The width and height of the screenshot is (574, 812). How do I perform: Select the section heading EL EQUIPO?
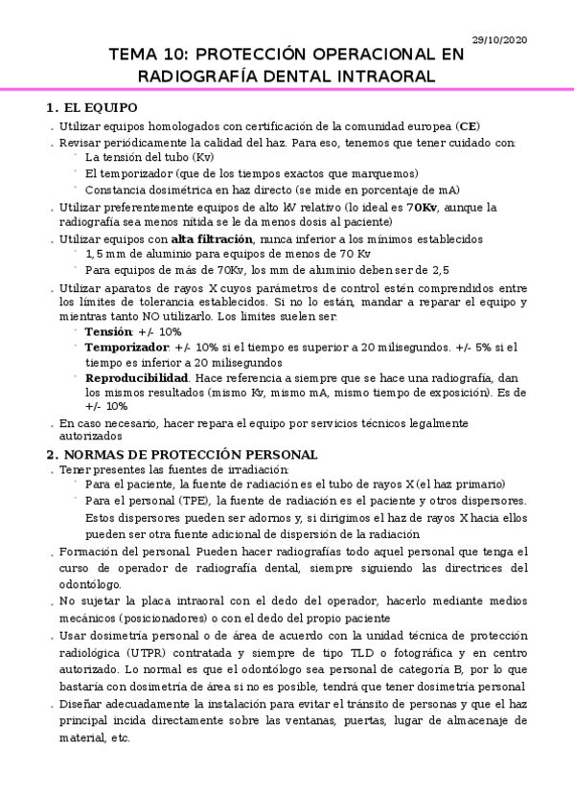[99, 107]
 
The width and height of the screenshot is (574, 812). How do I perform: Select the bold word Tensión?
[108, 331]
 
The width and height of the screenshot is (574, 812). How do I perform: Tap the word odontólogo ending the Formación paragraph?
[90, 583]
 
